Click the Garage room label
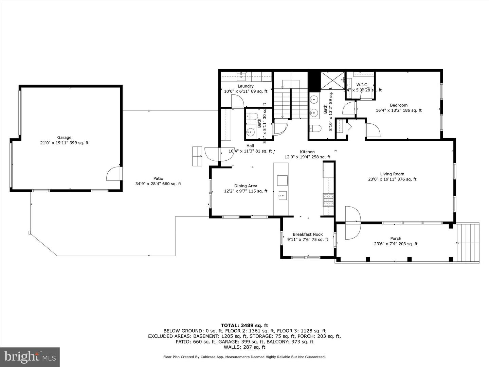(x=64, y=138)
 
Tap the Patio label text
(x=158, y=178)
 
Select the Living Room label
(x=392, y=174)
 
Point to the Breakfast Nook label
(x=308, y=234)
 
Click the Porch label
(x=396, y=239)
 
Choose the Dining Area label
(x=246, y=186)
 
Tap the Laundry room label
(x=246, y=86)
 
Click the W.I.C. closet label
(x=362, y=85)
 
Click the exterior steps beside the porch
(x=468, y=243)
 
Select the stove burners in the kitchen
(x=328, y=200)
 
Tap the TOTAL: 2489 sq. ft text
(x=244, y=325)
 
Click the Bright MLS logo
(x=30, y=357)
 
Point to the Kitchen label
(x=307, y=152)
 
